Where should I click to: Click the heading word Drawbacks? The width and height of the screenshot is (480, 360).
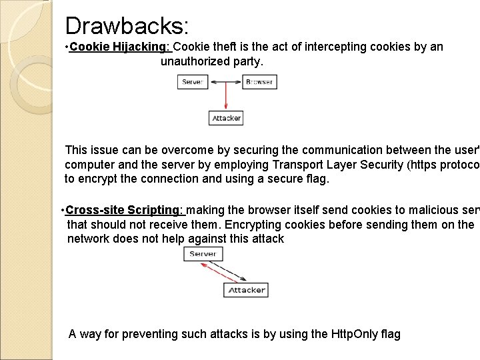pos(127,26)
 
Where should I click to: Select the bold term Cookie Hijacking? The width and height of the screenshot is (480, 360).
pos(120,47)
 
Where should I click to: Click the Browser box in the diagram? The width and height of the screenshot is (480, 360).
pos(259,82)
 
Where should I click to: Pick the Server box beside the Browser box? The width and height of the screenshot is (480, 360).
pos(193,82)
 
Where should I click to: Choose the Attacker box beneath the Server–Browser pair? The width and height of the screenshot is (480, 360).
pos(226,118)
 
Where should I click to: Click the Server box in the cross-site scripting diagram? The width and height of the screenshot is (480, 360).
pos(203,254)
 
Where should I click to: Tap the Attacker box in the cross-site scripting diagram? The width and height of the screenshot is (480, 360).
pos(247,291)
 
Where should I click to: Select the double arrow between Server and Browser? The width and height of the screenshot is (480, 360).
pos(225,82)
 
